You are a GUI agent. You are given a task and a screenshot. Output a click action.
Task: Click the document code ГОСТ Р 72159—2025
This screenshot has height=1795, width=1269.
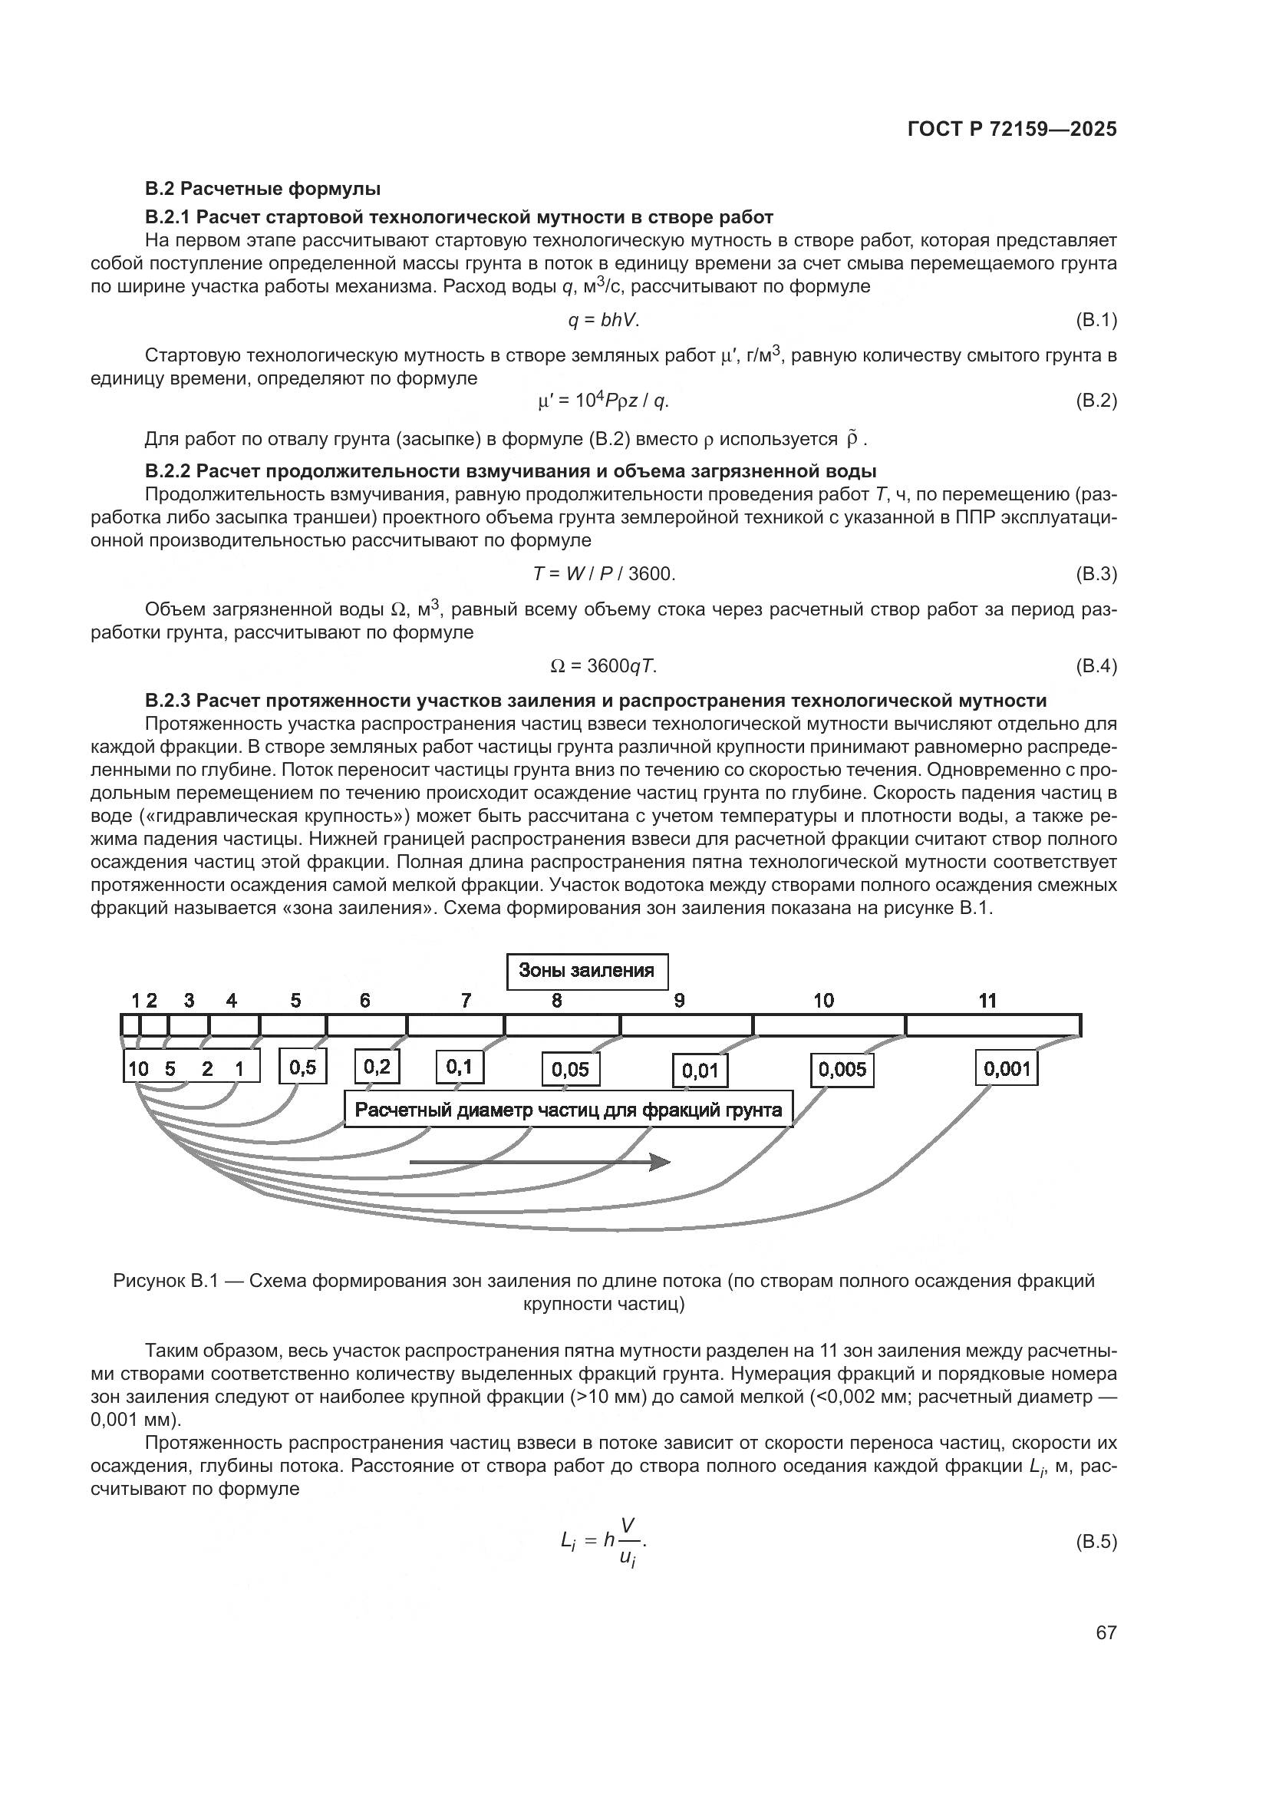pyautogui.click(x=1012, y=130)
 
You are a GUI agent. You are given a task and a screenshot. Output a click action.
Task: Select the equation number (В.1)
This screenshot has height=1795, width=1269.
pyautogui.click(x=1096, y=320)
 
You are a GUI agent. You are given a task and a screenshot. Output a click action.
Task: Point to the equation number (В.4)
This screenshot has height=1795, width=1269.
pyautogui.click(x=1096, y=666)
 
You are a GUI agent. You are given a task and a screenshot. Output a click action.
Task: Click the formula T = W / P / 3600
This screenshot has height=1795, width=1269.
pyautogui.click(x=603, y=574)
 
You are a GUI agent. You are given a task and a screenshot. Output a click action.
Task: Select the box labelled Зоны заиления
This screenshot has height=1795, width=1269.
pyautogui.click(x=587, y=971)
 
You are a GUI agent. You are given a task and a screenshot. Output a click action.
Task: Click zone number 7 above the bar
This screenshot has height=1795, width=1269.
pyautogui.click(x=466, y=1001)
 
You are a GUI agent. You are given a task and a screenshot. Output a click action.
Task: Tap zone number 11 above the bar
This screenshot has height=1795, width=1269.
pyautogui.click(x=987, y=1001)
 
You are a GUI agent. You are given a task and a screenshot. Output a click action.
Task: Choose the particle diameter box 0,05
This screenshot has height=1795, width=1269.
pyautogui.click(x=570, y=1070)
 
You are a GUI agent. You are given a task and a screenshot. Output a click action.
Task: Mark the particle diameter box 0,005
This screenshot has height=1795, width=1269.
pyautogui.click(x=842, y=1070)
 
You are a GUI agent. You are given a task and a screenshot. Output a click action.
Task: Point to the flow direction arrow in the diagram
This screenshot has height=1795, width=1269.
pyautogui.click(x=539, y=1163)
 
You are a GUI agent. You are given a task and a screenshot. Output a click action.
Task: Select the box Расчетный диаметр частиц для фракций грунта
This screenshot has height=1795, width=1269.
pyautogui.click(x=568, y=1110)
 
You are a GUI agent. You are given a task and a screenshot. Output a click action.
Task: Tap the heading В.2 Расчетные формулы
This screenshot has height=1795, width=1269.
pyautogui.click(x=262, y=189)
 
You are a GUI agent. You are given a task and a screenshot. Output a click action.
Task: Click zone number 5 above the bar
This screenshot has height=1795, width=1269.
pyautogui.click(x=295, y=1001)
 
